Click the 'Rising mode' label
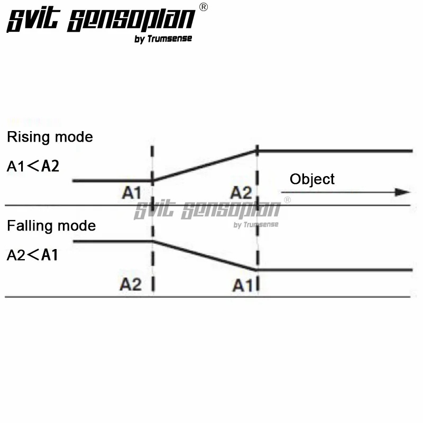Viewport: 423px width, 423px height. pyautogui.click(x=50, y=137)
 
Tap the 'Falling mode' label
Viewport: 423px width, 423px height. pyautogui.click(x=51, y=226)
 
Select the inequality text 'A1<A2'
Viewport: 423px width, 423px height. pyautogui.click(x=33, y=167)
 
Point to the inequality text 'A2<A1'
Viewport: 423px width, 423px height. pyautogui.click(x=33, y=255)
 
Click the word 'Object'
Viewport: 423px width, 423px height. pyautogui.click(x=312, y=179)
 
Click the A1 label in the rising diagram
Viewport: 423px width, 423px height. pyautogui.click(x=132, y=193)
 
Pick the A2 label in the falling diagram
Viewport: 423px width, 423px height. pyautogui.click(x=131, y=285)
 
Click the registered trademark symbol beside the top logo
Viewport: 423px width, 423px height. pyautogui.click(x=204, y=7)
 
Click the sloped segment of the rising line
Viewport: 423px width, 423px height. pyautogui.click(x=205, y=165)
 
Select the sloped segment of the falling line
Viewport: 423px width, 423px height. pyautogui.click(x=205, y=255)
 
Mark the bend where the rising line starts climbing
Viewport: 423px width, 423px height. pyautogui.click(x=152, y=181)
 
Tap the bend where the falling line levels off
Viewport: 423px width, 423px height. pyautogui.click(x=257, y=270)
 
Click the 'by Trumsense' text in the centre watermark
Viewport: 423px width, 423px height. pyautogui.click(x=256, y=225)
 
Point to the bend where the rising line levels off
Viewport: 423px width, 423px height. pyautogui.click(x=257, y=151)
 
